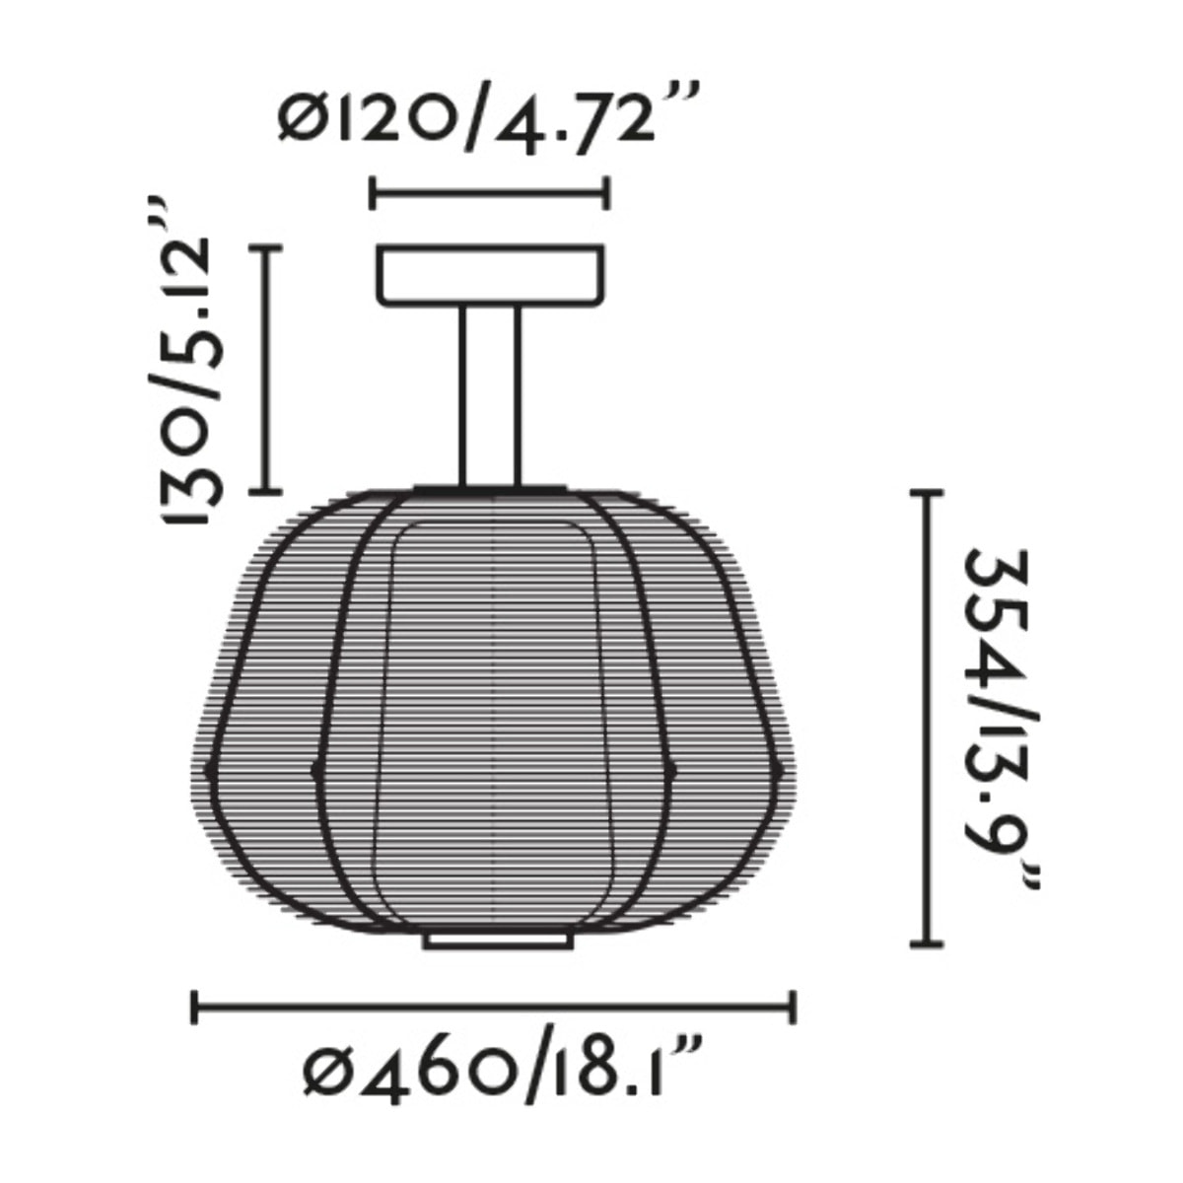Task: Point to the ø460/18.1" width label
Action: click(x=502, y=1069)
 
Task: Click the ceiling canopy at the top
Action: click(x=491, y=274)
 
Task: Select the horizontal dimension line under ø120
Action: click(x=489, y=192)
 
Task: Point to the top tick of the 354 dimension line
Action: click(x=925, y=492)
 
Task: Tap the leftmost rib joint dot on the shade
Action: click(x=208, y=768)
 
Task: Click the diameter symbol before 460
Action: click(x=326, y=1071)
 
